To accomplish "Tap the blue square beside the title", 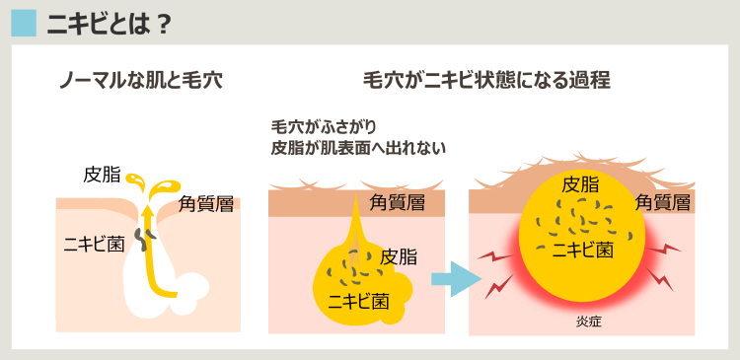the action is (x=24, y=23).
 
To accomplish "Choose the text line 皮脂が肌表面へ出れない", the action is (x=359, y=148).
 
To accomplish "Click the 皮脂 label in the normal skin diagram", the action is (x=102, y=176).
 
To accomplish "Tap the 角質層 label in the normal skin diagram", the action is (x=205, y=204).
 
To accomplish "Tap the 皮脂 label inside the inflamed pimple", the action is (x=579, y=184).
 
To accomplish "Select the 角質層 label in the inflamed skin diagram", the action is (x=661, y=202).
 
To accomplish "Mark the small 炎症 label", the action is (x=589, y=322).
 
